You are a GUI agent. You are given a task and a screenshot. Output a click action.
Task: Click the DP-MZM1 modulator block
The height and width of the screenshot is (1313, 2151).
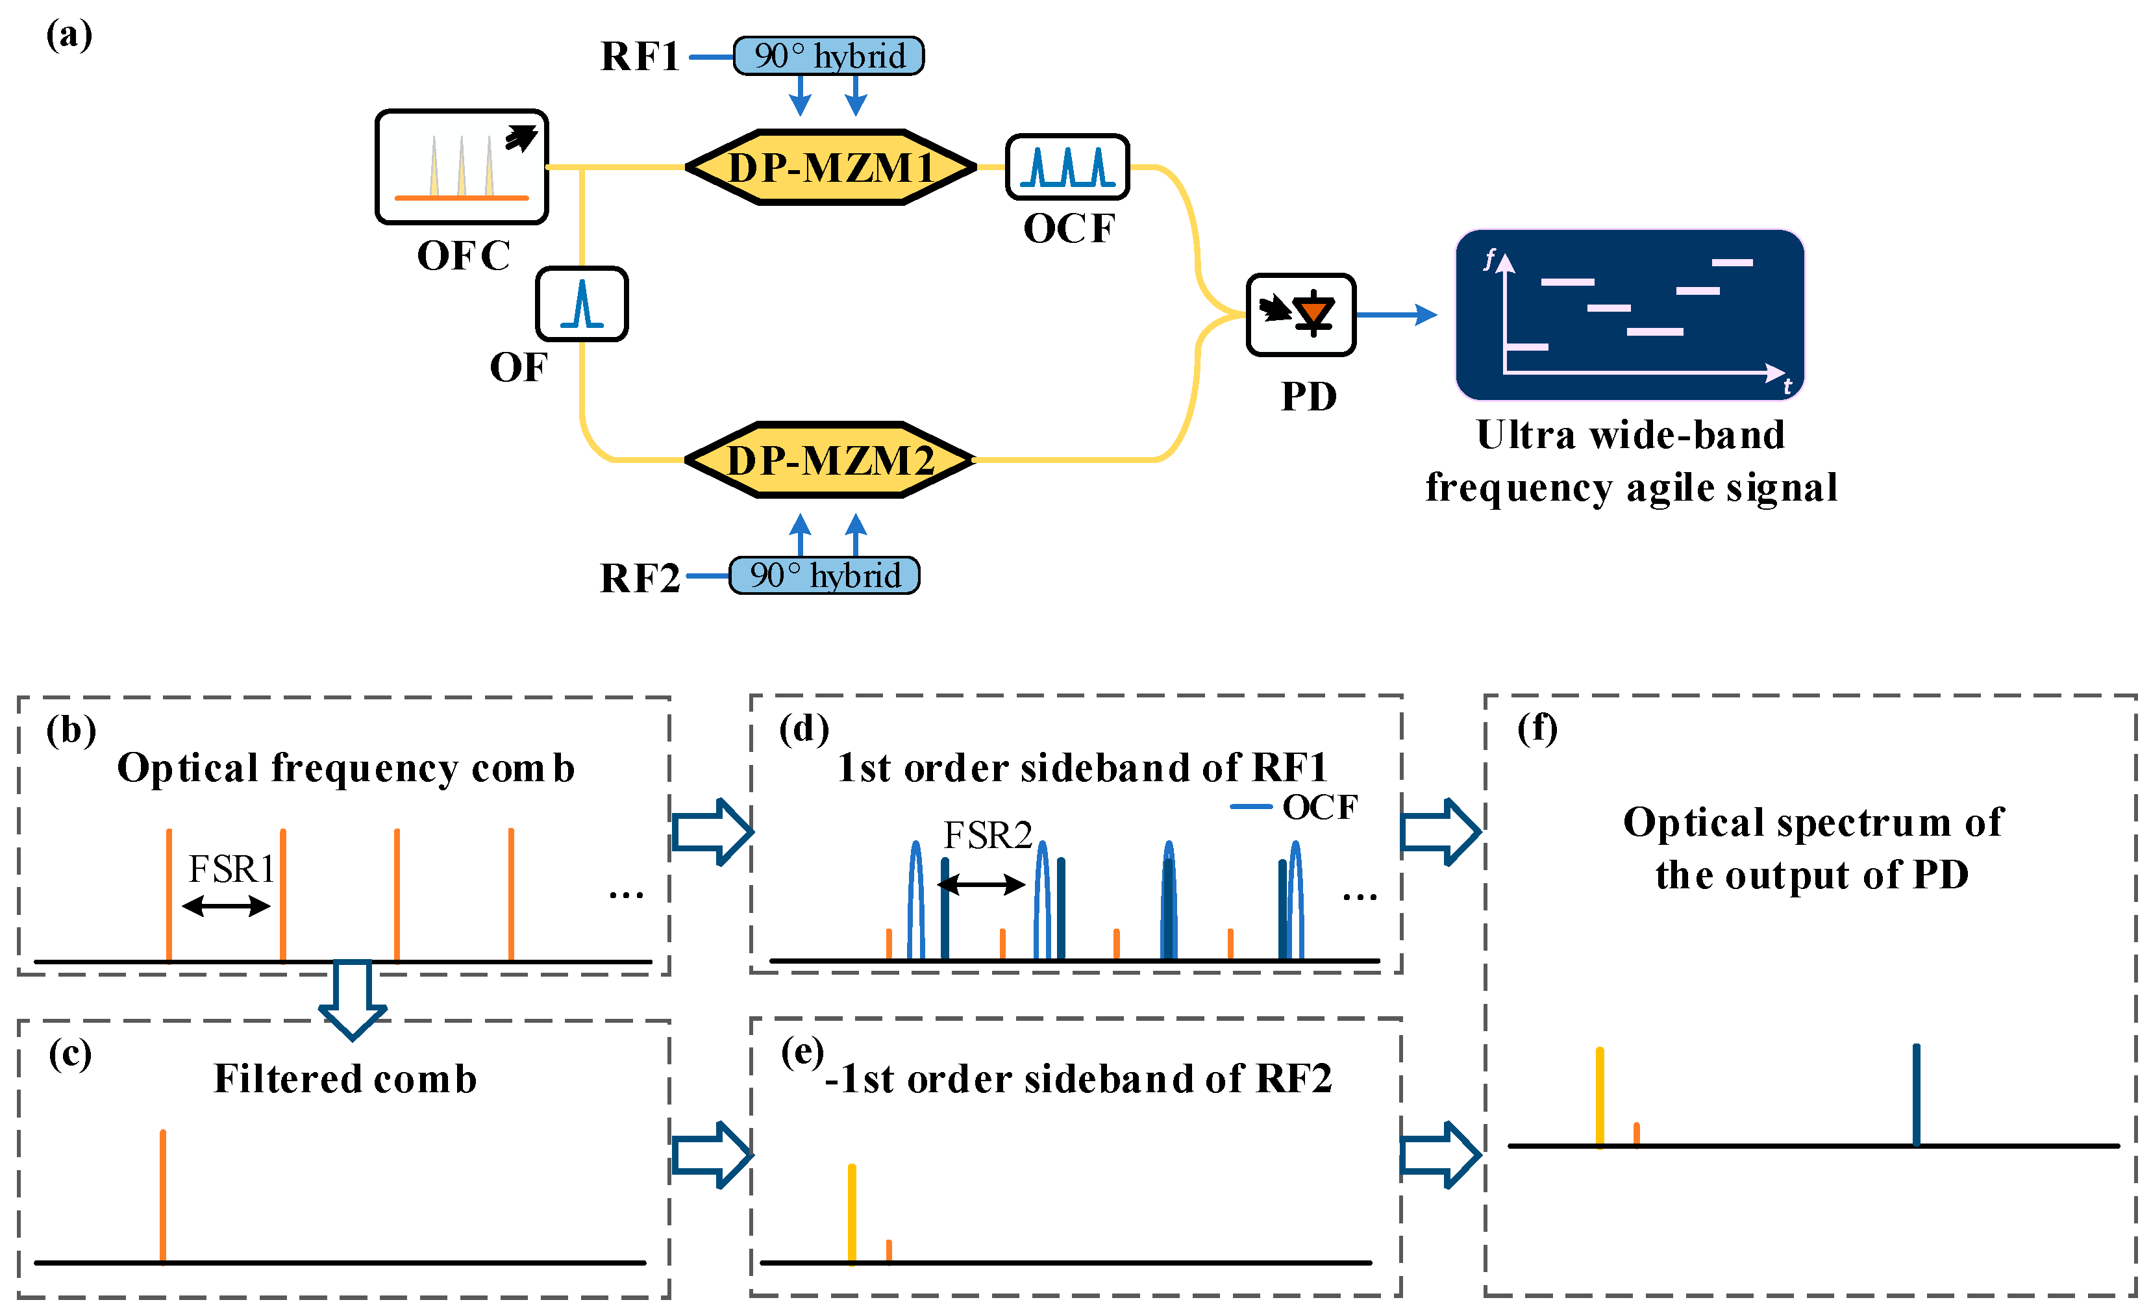[x=830, y=167]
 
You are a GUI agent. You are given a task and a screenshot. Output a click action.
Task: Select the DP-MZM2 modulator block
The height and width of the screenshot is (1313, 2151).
[x=830, y=460]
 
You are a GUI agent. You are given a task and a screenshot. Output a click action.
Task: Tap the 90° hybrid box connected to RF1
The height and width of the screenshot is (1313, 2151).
[x=828, y=56]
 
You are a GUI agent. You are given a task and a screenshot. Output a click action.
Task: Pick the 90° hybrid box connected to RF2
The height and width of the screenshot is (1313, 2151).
[x=824, y=575]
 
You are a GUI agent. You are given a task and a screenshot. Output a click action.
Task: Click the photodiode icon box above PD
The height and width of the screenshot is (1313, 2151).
[x=1300, y=314]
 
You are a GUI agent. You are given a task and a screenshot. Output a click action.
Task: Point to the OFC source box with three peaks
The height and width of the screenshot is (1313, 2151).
[x=462, y=167]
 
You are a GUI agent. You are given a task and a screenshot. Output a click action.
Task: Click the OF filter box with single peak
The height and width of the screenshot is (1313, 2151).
[x=581, y=304]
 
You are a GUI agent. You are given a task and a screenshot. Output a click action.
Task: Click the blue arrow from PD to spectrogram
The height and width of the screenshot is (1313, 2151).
[x=1397, y=314]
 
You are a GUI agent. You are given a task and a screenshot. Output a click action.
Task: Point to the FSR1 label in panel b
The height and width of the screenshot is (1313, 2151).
[x=231, y=869]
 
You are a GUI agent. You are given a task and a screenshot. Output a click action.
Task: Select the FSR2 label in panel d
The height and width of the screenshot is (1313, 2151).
[x=988, y=836]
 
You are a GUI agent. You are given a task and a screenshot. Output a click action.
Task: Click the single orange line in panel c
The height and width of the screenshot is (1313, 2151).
[x=163, y=1196]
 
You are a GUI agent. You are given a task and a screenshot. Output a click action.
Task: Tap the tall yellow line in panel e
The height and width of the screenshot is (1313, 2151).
[x=852, y=1214]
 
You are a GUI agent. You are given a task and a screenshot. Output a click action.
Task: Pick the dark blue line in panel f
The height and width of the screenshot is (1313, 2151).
[x=1916, y=1095]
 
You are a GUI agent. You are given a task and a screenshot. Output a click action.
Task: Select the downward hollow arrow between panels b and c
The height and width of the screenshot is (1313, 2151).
[x=353, y=999]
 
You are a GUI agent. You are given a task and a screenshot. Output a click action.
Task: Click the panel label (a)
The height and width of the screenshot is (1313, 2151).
[x=69, y=35]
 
